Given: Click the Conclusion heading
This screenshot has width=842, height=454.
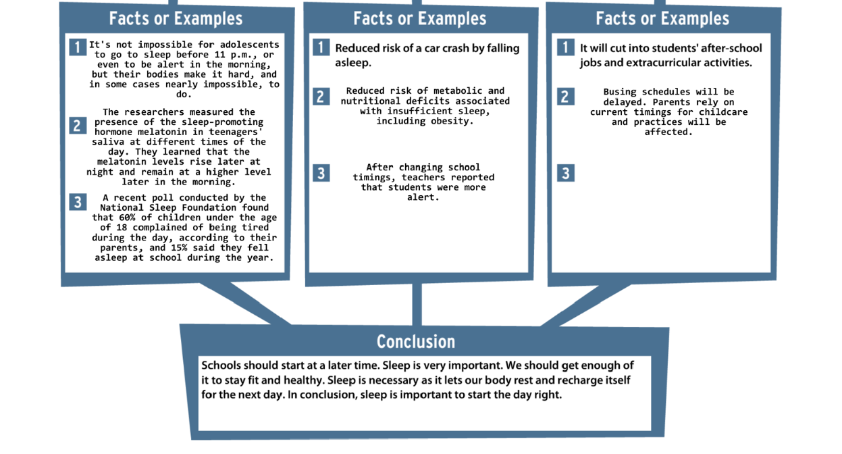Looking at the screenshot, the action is pos(416,342).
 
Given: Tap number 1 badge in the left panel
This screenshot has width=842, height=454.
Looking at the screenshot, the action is pos(78,47).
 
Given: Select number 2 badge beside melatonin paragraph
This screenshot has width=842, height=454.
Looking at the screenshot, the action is pos(78,125).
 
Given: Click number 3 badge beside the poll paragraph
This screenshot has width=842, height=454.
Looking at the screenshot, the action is pos(78,202).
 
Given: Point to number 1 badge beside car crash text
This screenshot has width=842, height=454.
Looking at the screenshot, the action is pos(321,47).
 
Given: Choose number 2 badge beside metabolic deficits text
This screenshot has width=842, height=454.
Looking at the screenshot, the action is pos(321,97).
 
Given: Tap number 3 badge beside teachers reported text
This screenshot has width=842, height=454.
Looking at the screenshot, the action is pos(321,173).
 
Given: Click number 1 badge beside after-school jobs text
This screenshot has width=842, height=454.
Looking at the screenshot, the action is pos(566,47).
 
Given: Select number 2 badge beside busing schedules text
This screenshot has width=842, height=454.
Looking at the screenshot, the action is pos(566,97).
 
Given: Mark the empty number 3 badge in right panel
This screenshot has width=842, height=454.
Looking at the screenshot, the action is pos(566,173).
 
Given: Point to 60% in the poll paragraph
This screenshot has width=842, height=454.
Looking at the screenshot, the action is pos(127,218).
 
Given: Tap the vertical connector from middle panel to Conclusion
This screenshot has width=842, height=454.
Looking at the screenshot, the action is pos(417,304).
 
